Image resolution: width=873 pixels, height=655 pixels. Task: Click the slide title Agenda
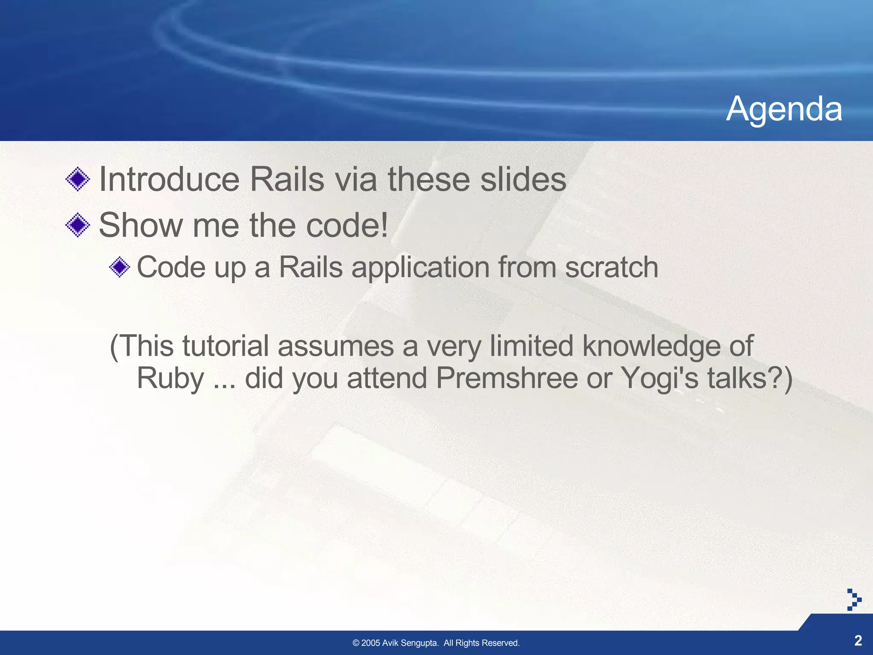pyautogui.click(x=784, y=109)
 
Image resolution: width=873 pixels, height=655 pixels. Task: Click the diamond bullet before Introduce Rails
pyautogui.click(x=78, y=179)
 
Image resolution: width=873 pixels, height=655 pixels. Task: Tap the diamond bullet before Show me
pyautogui.click(x=78, y=225)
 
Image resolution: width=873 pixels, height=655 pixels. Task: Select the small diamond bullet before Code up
pyautogui.click(x=119, y=267)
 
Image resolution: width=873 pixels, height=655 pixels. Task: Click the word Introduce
pyautogui.click(x=169, y=179)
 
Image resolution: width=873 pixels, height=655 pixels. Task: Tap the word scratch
pyautogui.click(x=611, y=267)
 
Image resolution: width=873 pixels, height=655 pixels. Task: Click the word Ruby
pyautogui.click(x=170, y=379)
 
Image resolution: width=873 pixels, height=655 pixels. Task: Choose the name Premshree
pyautogui.click(x=506, y=378)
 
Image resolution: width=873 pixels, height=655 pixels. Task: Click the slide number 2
pyautogui.click(x=858, y=640)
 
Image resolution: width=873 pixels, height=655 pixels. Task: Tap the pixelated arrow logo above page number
pyautogui.click(x=854, y=600)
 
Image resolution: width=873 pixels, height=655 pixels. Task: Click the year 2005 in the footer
pyautogui.click(x=370, y=643)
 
